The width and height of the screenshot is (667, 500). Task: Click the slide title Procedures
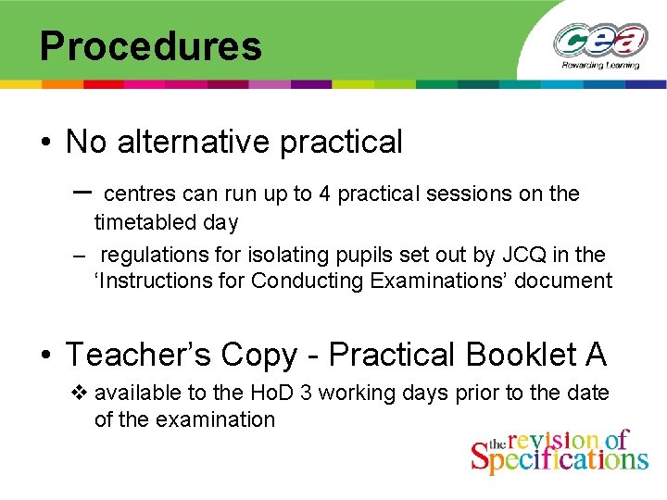point(150,45)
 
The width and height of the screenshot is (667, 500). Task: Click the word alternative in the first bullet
point(191,142)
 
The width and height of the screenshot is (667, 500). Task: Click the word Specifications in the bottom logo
point(560,458)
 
